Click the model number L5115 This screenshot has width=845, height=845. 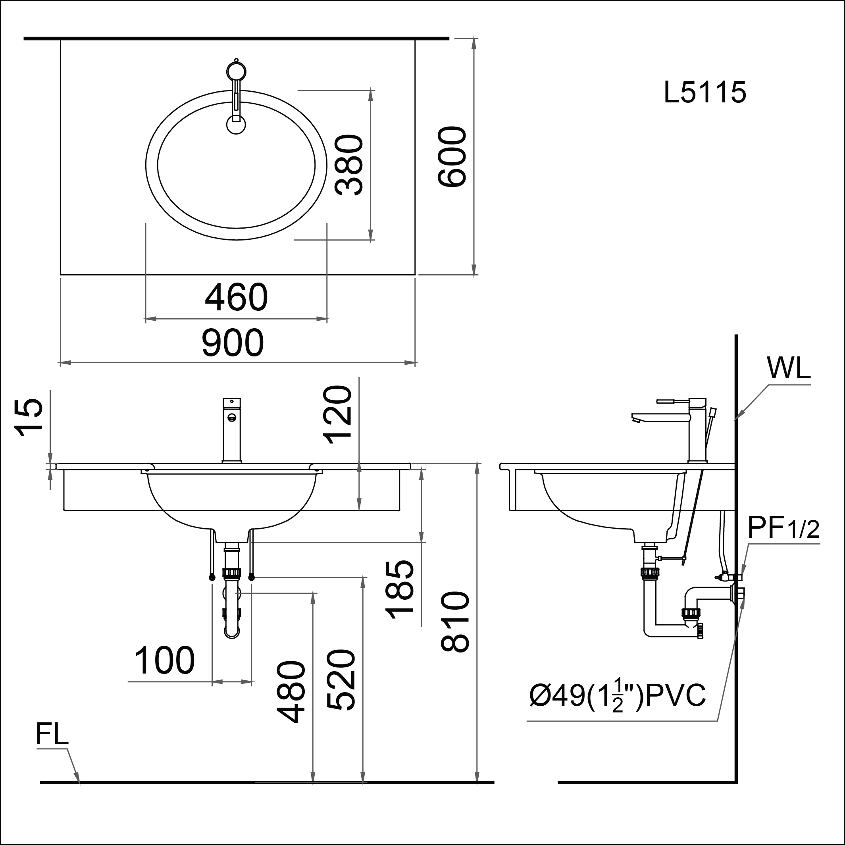click(x=704, y=93)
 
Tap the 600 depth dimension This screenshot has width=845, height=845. click(x=452, y=157)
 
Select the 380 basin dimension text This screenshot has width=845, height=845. click(x=349, y=165)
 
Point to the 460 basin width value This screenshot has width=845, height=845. click(x=236, y=298)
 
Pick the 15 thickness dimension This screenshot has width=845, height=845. click(x=29, y=418)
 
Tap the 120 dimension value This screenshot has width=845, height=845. click(x=337, y=415)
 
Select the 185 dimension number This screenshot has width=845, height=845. click(x=400, y=589)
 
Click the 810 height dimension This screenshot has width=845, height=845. click(x=455, y=622)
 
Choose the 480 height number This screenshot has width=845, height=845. click(x=291, y=692)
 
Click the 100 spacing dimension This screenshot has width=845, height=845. click(x=164, y=661)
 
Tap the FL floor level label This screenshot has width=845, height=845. click(x=52, y=734)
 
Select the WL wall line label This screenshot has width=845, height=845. click(x=789, y=369)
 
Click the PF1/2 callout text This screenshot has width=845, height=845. click(x=783, y=528)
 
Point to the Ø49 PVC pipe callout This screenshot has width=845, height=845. click(x=618, y=695)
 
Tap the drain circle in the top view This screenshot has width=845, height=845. click(x=236, y=125)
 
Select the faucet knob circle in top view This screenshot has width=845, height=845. click(x=236, y=71)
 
